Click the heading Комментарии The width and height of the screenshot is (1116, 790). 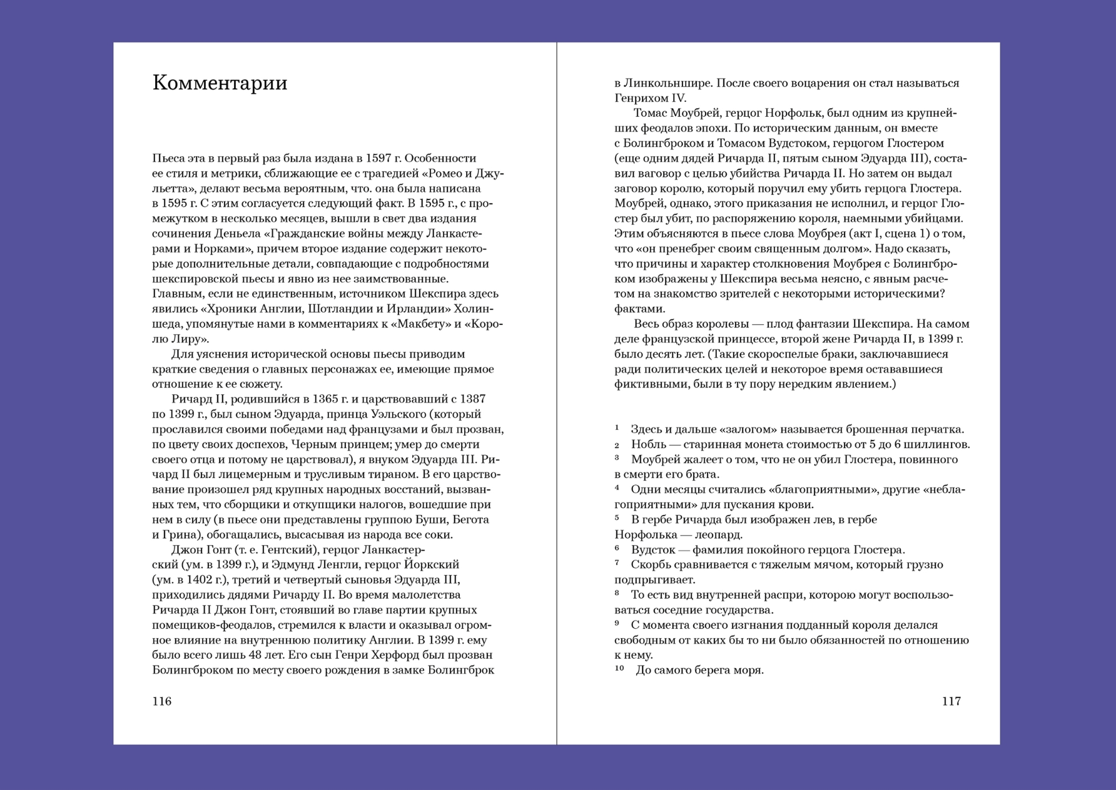pos(220,83)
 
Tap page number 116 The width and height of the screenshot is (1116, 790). pos(161,701)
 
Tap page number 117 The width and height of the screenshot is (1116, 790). pos(951,701)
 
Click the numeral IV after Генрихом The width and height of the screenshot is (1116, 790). pos(678,98)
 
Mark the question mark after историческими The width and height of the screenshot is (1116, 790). pos(942,294)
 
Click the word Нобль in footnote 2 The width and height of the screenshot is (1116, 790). pos(647,444)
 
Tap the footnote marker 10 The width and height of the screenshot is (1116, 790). pos(619,668)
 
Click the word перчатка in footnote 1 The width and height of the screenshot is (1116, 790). pos(937,429)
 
